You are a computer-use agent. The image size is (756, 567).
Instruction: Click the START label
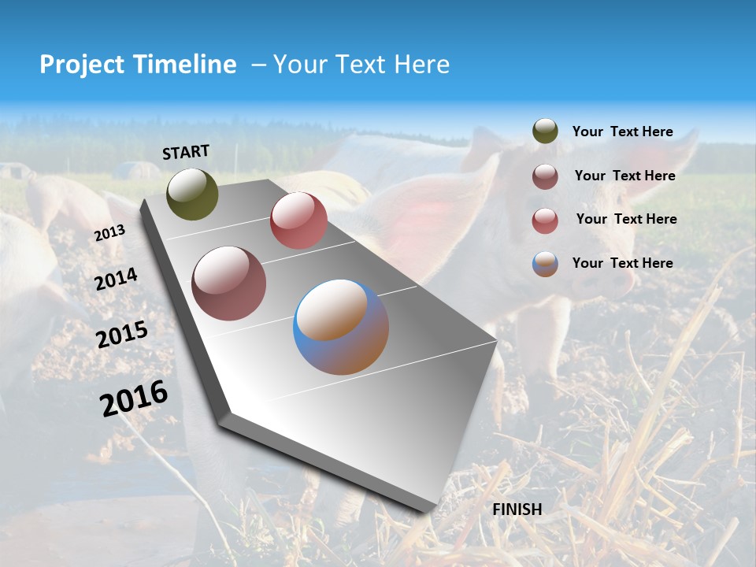186,151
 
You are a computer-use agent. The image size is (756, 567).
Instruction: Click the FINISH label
517,510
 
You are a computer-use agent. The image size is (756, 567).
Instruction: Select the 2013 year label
109,233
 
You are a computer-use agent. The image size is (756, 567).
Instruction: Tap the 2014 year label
116,279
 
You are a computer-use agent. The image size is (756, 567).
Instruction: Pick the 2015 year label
122,335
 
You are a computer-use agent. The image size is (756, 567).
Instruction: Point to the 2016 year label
134,398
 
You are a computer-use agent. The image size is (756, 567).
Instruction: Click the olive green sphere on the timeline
193,194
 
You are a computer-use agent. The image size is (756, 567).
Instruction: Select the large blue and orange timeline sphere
341,327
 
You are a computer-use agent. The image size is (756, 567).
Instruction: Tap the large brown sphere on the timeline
228,283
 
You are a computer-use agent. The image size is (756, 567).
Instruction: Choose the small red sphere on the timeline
298,220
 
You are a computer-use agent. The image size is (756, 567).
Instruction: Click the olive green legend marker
545,132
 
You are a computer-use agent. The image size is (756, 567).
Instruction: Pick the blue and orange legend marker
545,264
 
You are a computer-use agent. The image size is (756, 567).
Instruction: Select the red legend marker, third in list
545,220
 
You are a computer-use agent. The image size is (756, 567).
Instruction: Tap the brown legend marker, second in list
545,176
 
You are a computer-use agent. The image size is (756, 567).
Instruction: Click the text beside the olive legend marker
622,132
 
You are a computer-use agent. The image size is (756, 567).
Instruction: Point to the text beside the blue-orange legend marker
622,263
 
